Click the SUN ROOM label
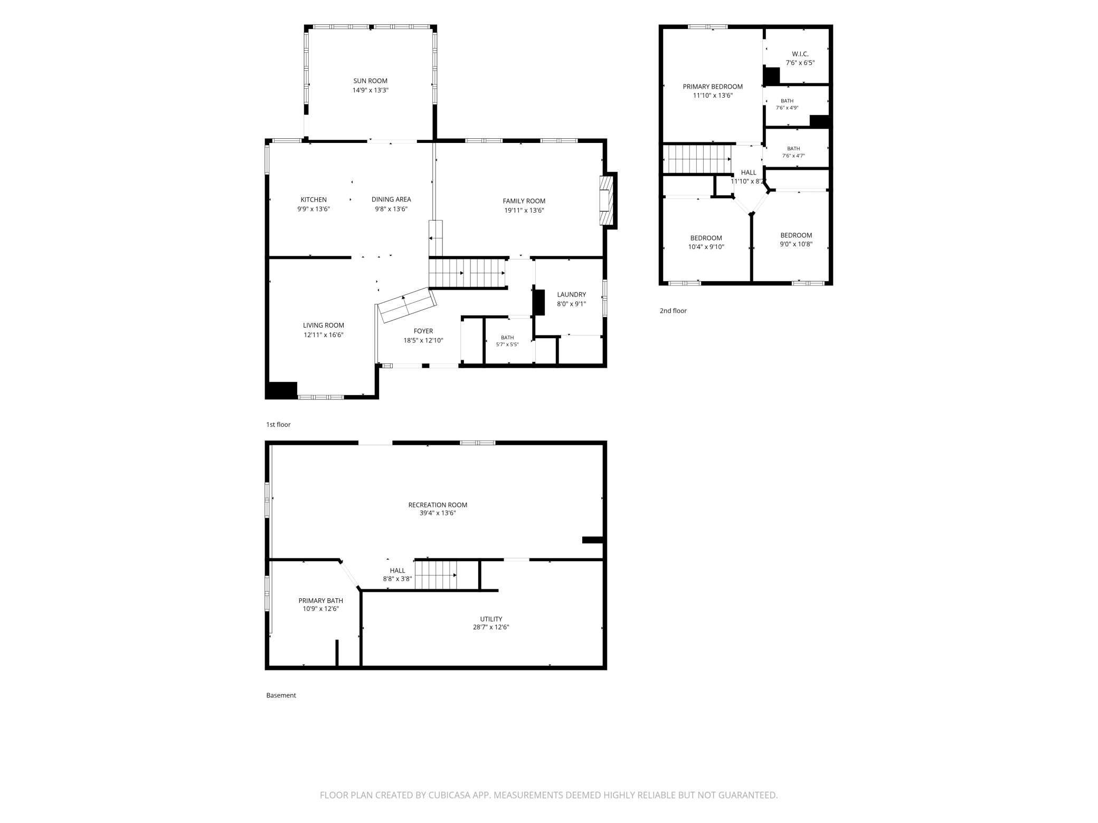(x=371, y=81)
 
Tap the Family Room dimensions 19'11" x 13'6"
(x=524, y=210)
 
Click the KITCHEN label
(x=314, y=199)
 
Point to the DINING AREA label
(x=391, y=199)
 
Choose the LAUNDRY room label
(x=572, y=294)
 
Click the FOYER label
(x=423, y=331)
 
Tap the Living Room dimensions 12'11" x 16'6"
(x=324, y=335)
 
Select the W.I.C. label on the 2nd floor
(x=800, y=54)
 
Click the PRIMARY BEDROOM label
(x=713, y=87)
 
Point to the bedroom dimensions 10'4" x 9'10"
(x=706, y=247)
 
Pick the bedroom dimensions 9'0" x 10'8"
(x=797, y=244)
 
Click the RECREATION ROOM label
(x=438, y=505)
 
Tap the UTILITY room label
(x=491, y=619)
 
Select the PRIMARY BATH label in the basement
(x=321, y=600)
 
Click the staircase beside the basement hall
(x=436, y=575)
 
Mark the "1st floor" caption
(x=278, y=425)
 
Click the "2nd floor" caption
(x=673, y=311)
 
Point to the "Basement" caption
(x=281, y=695)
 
